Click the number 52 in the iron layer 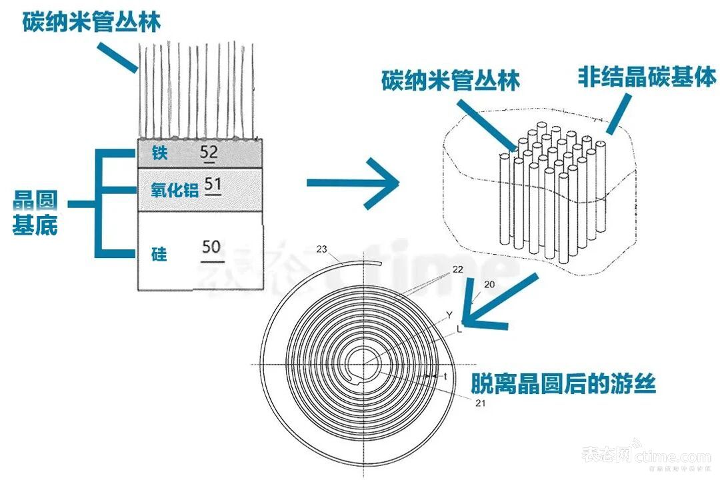(209, 153)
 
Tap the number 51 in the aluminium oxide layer (213, 185)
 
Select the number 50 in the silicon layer (211, 247)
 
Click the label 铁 (159, 154)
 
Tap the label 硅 (159, 254)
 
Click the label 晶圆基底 (35, 213)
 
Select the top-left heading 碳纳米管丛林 (91, 23)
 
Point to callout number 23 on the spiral (321, 249)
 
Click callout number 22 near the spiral (457, 269)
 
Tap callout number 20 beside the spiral (489, 285)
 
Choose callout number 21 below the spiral (480, 403)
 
